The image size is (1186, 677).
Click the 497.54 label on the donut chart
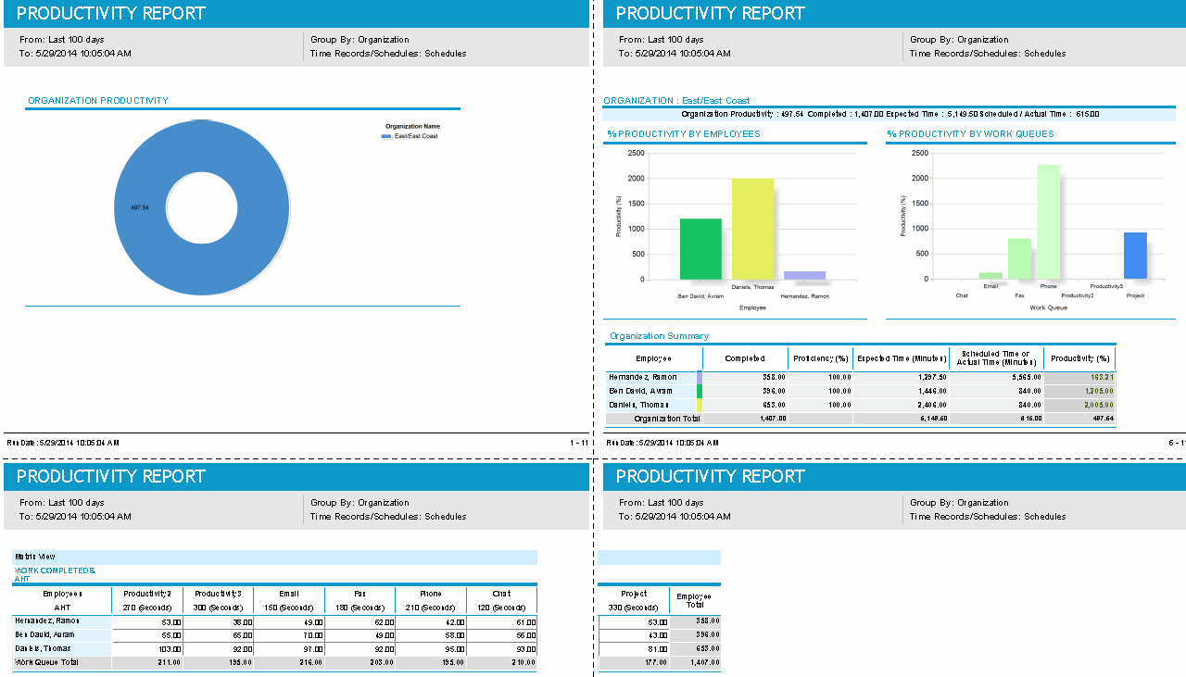point(140,207)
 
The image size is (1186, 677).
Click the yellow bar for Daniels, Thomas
point(752,229)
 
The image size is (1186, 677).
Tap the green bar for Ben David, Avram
point(700,249)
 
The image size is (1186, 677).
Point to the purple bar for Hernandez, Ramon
point(804,275)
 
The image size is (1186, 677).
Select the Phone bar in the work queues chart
point(1048,221)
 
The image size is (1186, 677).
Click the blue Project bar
point(1135,256)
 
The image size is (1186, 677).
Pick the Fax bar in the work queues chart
point(1019,258)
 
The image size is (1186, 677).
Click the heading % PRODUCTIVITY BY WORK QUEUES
point(970,134)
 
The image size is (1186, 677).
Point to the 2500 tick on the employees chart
point(636,153)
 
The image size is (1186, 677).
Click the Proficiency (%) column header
point(820,358)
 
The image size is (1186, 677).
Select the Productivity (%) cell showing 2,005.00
point(1080,405)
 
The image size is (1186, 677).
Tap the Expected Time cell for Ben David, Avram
point(901,391)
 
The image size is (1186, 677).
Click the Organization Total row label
point(667,419)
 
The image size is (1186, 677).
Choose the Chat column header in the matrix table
point(501,594)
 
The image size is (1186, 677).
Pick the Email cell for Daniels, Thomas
point(289,649)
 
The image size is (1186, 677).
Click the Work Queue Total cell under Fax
point(360,663)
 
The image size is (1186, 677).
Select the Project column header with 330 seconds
point(634,600)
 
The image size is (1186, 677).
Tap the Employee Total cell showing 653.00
point(695,649)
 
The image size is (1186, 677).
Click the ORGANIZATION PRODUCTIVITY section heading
point(98,101)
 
